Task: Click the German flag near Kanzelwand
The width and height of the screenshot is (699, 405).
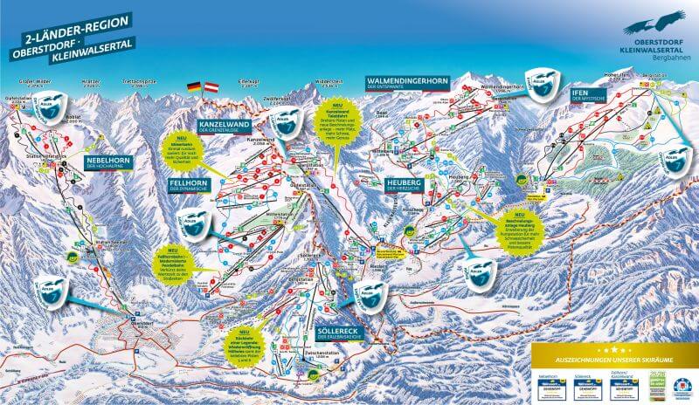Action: [x=194, y=88]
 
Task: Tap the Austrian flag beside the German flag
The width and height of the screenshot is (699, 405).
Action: [x=211, y=88]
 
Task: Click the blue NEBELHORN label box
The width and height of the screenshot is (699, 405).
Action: [x=110, y=163]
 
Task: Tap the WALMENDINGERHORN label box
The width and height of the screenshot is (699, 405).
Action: [x=407, y=83]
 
